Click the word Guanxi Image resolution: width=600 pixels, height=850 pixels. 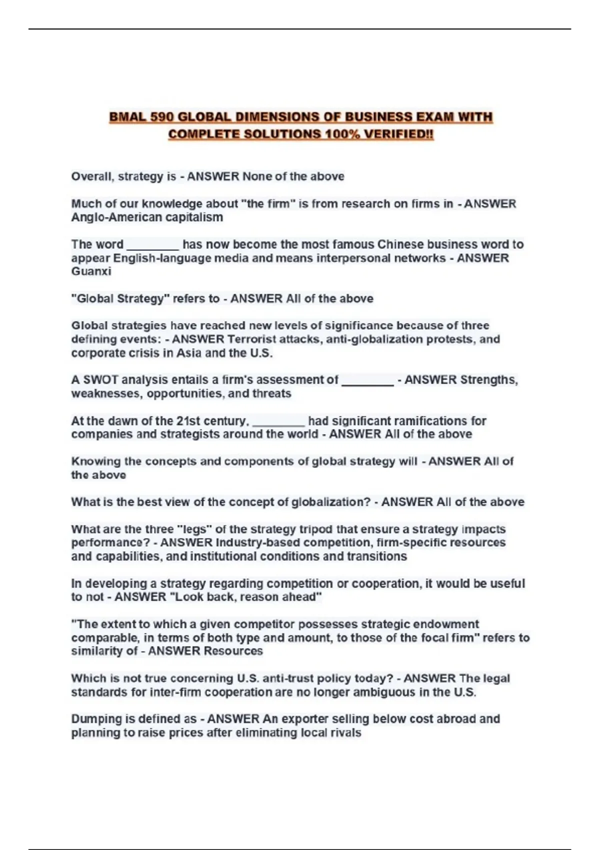(91, 271)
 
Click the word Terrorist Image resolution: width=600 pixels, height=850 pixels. (252, 339)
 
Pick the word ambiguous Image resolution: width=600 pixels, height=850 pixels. (389, 692)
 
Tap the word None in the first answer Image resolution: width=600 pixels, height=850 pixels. (257, 176)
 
